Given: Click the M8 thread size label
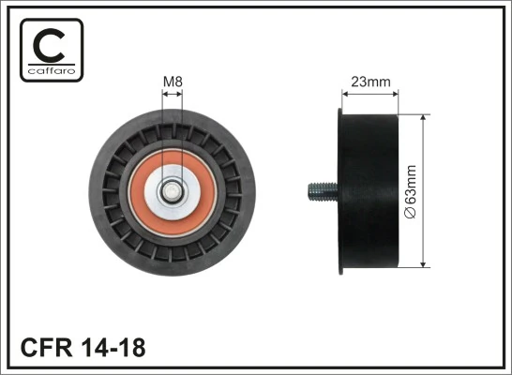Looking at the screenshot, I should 173,82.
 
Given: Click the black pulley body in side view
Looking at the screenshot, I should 369,194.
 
